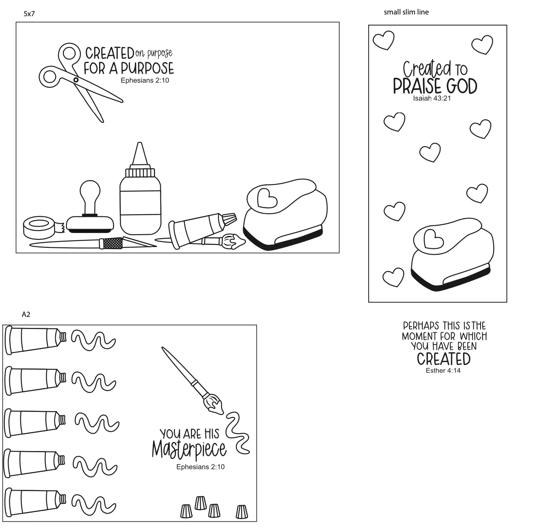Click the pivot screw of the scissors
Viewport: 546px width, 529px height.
tap(76, 80)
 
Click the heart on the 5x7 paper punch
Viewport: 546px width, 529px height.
tap(267, 198)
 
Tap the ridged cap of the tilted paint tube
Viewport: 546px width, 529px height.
tap(230, 219)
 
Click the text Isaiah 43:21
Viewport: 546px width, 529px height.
tap(432, 98)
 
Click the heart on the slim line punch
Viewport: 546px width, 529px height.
tap(434, 239)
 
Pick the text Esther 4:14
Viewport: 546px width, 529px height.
tap(443, 371)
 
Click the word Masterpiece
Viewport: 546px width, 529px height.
tap(189, 449)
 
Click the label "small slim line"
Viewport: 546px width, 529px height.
tap(406, 12)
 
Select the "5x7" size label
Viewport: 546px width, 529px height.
tap(29, 14)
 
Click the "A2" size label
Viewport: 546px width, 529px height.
tap(26, 314)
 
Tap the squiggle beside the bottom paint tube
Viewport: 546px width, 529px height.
tap(94, 505)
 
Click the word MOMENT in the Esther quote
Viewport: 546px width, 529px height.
tap(419, 336)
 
